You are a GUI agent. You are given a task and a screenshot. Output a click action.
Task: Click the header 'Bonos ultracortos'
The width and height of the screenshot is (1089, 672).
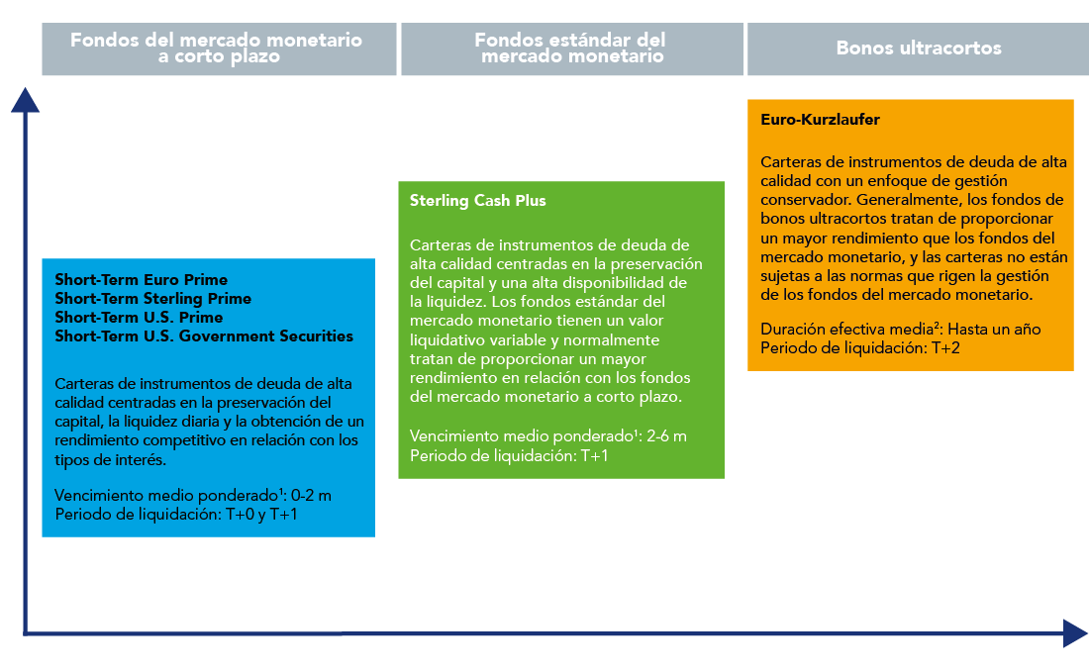[x=918, y=48]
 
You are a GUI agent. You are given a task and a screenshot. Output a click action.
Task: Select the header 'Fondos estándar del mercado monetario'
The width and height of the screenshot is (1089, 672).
[x=571, y=48]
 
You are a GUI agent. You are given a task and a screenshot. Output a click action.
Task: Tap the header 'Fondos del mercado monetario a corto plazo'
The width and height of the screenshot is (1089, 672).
[x=217, y=48]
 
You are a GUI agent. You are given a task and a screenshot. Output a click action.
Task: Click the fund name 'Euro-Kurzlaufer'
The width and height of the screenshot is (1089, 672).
[x=820, y=120]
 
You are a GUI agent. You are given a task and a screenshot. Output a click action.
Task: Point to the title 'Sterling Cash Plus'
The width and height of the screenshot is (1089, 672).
[x=478, y=201]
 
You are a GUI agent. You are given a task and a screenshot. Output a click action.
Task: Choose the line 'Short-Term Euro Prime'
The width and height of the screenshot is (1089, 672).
[x=141, y=280]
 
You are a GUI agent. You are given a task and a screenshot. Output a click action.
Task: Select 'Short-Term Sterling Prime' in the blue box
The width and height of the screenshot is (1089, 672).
[x=152, y=299]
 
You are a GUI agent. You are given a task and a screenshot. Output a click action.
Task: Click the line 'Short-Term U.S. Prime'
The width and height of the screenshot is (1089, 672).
[x=139, y=318]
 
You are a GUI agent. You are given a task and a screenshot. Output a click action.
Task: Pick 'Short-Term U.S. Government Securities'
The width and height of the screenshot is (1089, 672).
[x=204, y=336]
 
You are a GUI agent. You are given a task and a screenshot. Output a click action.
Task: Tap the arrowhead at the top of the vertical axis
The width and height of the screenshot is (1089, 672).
[x=25, y=100]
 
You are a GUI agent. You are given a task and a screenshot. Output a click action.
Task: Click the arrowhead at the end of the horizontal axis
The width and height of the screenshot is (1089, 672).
[x=1075, y=633]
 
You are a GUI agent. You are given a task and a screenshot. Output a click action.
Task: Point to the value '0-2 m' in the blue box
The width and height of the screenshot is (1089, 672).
[x=311, y=496]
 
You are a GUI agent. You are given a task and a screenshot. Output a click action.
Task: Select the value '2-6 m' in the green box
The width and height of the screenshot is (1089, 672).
[x=666, y=436]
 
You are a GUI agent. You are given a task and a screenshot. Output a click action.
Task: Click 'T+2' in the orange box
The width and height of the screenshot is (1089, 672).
[x=945, y=348]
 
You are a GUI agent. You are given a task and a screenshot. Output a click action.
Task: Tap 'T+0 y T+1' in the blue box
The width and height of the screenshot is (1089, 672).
[x=261, y=515]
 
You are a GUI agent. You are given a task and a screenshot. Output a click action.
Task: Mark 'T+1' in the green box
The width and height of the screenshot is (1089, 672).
[x=595, y=455]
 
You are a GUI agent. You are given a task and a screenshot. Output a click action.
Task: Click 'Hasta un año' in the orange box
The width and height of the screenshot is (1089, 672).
[x=994, y=329]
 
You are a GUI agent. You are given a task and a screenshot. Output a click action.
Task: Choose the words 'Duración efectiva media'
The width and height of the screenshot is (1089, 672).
[x=846, y=329]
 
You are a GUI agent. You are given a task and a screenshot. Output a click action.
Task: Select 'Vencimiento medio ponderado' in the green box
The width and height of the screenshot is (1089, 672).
[x=521, y=436]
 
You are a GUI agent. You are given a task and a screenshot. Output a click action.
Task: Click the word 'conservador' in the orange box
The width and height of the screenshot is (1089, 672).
[x=804, y=200]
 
